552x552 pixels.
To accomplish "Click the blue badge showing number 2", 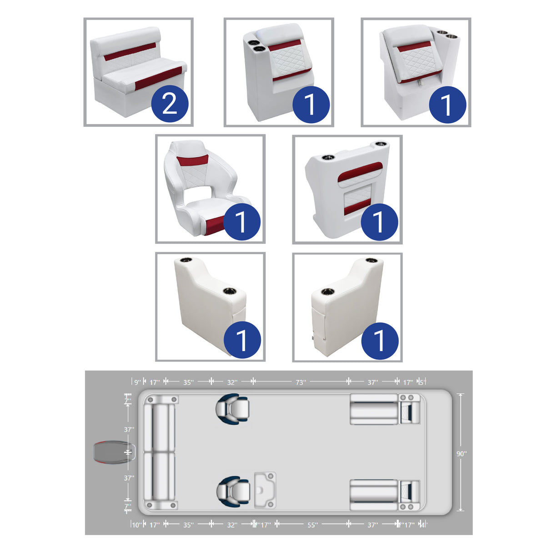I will click(x=170, y=104).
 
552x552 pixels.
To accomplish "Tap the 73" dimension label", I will click(x=301, y=382).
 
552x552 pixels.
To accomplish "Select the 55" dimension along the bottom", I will click(x=312, y=525).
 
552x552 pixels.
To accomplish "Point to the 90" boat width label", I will click(x=461, y=454).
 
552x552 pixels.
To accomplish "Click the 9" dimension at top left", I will click(x=137, y=382).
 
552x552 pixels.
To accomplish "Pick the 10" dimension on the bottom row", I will click(x=136, y=525).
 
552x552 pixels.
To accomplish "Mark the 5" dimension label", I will click(x=422, y=382).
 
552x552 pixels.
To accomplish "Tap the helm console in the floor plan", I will click(x=265, y=490).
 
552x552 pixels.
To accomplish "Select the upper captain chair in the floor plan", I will click(x=232, y=408).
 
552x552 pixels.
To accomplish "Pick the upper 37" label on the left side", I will click(x=129, y=429).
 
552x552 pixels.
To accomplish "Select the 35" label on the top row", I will click(x=188, y=382).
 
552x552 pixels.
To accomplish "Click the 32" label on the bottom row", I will click(x=232, y=525).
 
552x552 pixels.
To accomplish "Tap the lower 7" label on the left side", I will click(x=128, y=506).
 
